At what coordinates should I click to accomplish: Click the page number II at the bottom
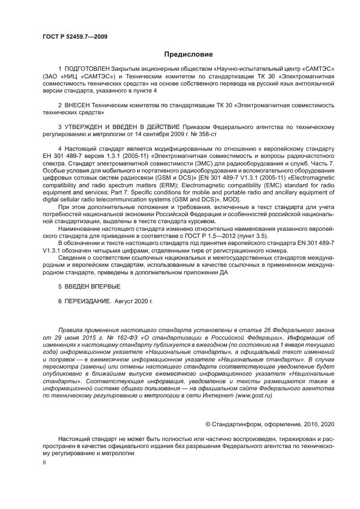(x=45, y=462)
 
